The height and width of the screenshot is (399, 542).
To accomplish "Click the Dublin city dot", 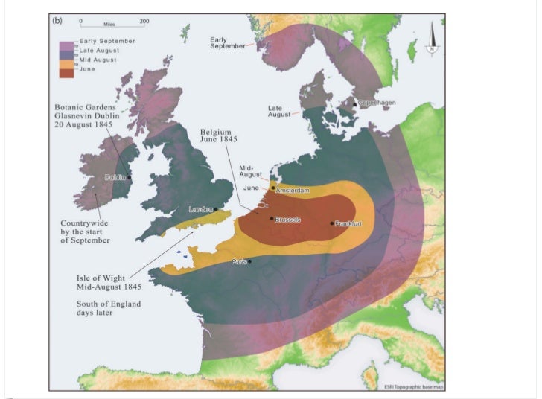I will tap(130, 177).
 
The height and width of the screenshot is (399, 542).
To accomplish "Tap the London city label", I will tap(201, 209).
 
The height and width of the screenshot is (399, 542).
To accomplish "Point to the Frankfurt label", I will tap(348, 223).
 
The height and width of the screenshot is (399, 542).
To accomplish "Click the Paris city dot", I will tap(249, 261).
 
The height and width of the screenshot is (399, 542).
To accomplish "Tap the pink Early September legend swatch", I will tap(68, 44).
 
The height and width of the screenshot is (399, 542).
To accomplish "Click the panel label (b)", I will tap(57, 20).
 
